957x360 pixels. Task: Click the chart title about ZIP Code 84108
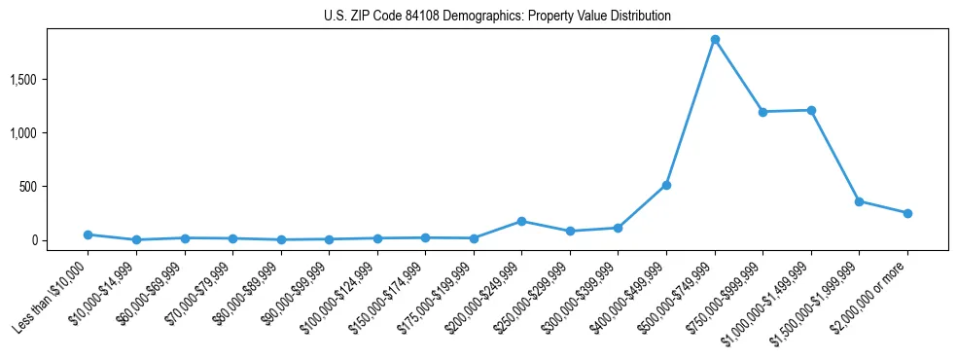click(x=497, y=17)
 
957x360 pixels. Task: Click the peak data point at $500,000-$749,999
click(x=715, y=40)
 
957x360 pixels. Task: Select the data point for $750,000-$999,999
click(x=762, y=112)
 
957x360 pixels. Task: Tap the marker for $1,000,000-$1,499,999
click(x=811, y=110)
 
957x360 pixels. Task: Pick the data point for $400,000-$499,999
click(x=666, y=185)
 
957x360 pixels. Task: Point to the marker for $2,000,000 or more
click(x=907, y=213)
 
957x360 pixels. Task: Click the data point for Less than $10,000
click(x=88, y=234)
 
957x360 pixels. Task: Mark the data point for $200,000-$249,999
click(x=521, y=221)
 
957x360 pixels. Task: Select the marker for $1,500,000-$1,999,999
click(x=859, y=201)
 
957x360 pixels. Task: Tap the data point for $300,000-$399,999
click(x=618, y=228)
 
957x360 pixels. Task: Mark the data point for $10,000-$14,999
click(x=136, y=239)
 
